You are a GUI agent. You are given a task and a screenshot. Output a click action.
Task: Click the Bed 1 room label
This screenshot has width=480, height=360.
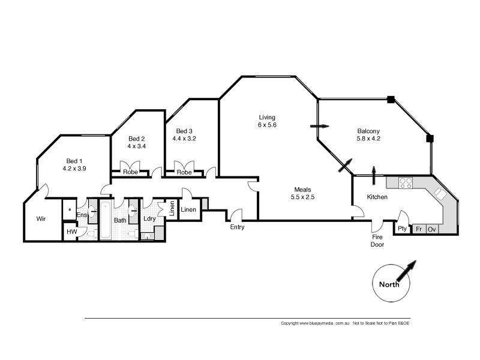[74, 161]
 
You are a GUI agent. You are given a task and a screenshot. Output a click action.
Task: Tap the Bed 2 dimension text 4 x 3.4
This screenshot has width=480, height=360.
[137, 146]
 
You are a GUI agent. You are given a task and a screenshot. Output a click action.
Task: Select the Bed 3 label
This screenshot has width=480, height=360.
[184, 131]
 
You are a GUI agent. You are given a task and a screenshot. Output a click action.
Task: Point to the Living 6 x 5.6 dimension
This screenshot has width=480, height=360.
[267, 125]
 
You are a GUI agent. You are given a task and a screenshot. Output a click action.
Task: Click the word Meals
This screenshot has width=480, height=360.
[302, 190]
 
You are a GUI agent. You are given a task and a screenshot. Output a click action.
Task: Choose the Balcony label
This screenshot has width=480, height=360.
[368, 131]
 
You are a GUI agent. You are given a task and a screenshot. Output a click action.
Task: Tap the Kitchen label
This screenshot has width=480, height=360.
[377, 197]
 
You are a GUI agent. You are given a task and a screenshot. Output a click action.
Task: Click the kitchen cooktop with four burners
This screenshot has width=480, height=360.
[406, 183]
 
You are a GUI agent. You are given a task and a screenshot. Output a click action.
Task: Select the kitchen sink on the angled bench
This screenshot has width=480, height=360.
[440, 194]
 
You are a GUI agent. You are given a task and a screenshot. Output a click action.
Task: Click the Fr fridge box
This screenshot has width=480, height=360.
[419, 229]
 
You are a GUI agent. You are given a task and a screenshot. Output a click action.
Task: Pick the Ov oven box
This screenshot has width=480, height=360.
[431, 229]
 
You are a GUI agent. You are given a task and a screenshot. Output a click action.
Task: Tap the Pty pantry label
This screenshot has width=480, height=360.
[402, 229]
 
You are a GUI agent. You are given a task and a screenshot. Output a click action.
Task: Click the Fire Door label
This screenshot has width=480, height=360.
[377, 241]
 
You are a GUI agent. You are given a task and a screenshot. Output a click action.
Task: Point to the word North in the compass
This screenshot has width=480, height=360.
[389, 284]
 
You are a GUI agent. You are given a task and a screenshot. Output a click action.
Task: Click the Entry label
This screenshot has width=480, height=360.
[237, 227]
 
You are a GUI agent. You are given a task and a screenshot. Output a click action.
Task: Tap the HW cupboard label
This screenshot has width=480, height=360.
[72, 232]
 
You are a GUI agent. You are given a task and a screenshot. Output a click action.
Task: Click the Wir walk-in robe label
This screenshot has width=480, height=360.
[41, 218]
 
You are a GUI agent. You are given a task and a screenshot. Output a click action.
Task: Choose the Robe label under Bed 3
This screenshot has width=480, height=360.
[184, 172]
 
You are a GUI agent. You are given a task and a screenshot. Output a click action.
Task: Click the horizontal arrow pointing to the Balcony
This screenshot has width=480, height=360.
[320, 126]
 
